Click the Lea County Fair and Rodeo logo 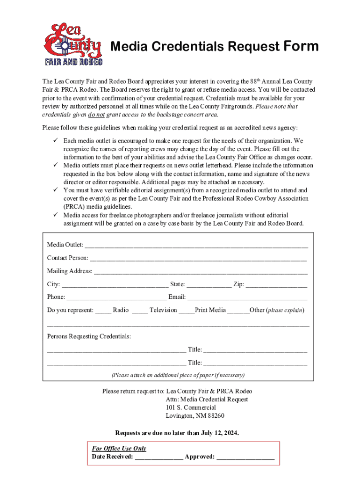click(73, 45)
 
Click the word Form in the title click(300, 46)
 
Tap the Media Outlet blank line click(196, 245)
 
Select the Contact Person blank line click(198, 258)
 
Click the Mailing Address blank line click(201, 271)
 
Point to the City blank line click(115, 284)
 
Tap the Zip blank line click(276, 284)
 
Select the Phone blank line click(116, 297)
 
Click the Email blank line click(247, 297)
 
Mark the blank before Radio click(103, 310)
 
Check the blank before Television click(140, 310)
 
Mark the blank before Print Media click(187, 310)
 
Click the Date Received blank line click(159, 457)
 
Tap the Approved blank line click(245, 457)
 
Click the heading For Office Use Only click(119, 449)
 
